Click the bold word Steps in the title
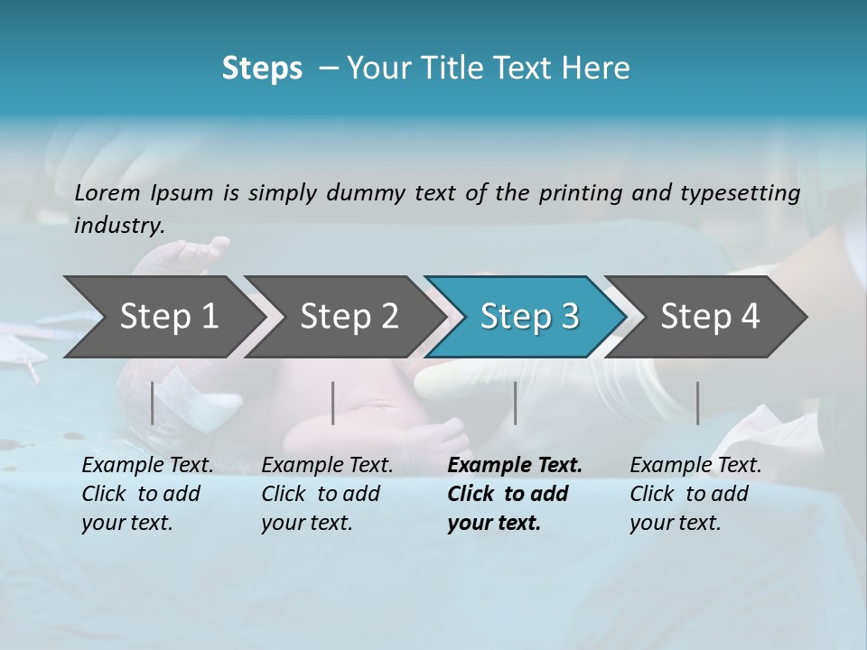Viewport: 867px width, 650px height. click(262, 69)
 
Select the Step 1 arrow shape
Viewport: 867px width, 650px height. click(163, 317)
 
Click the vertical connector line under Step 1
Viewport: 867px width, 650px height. click(153, 403)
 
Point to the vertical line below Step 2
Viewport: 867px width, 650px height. click(333, 403)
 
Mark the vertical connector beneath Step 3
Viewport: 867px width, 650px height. click(516, 403)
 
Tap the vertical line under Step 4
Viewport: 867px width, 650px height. click(697, 403)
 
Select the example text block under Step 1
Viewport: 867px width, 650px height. click(147, 494)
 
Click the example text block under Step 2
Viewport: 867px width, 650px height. click(327, 494)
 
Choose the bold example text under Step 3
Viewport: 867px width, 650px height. click(514, 494)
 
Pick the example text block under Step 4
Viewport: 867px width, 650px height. click(695, 494)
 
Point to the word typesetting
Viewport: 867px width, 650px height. click(740, 192)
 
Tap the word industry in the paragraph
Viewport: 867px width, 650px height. click(118, 226)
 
